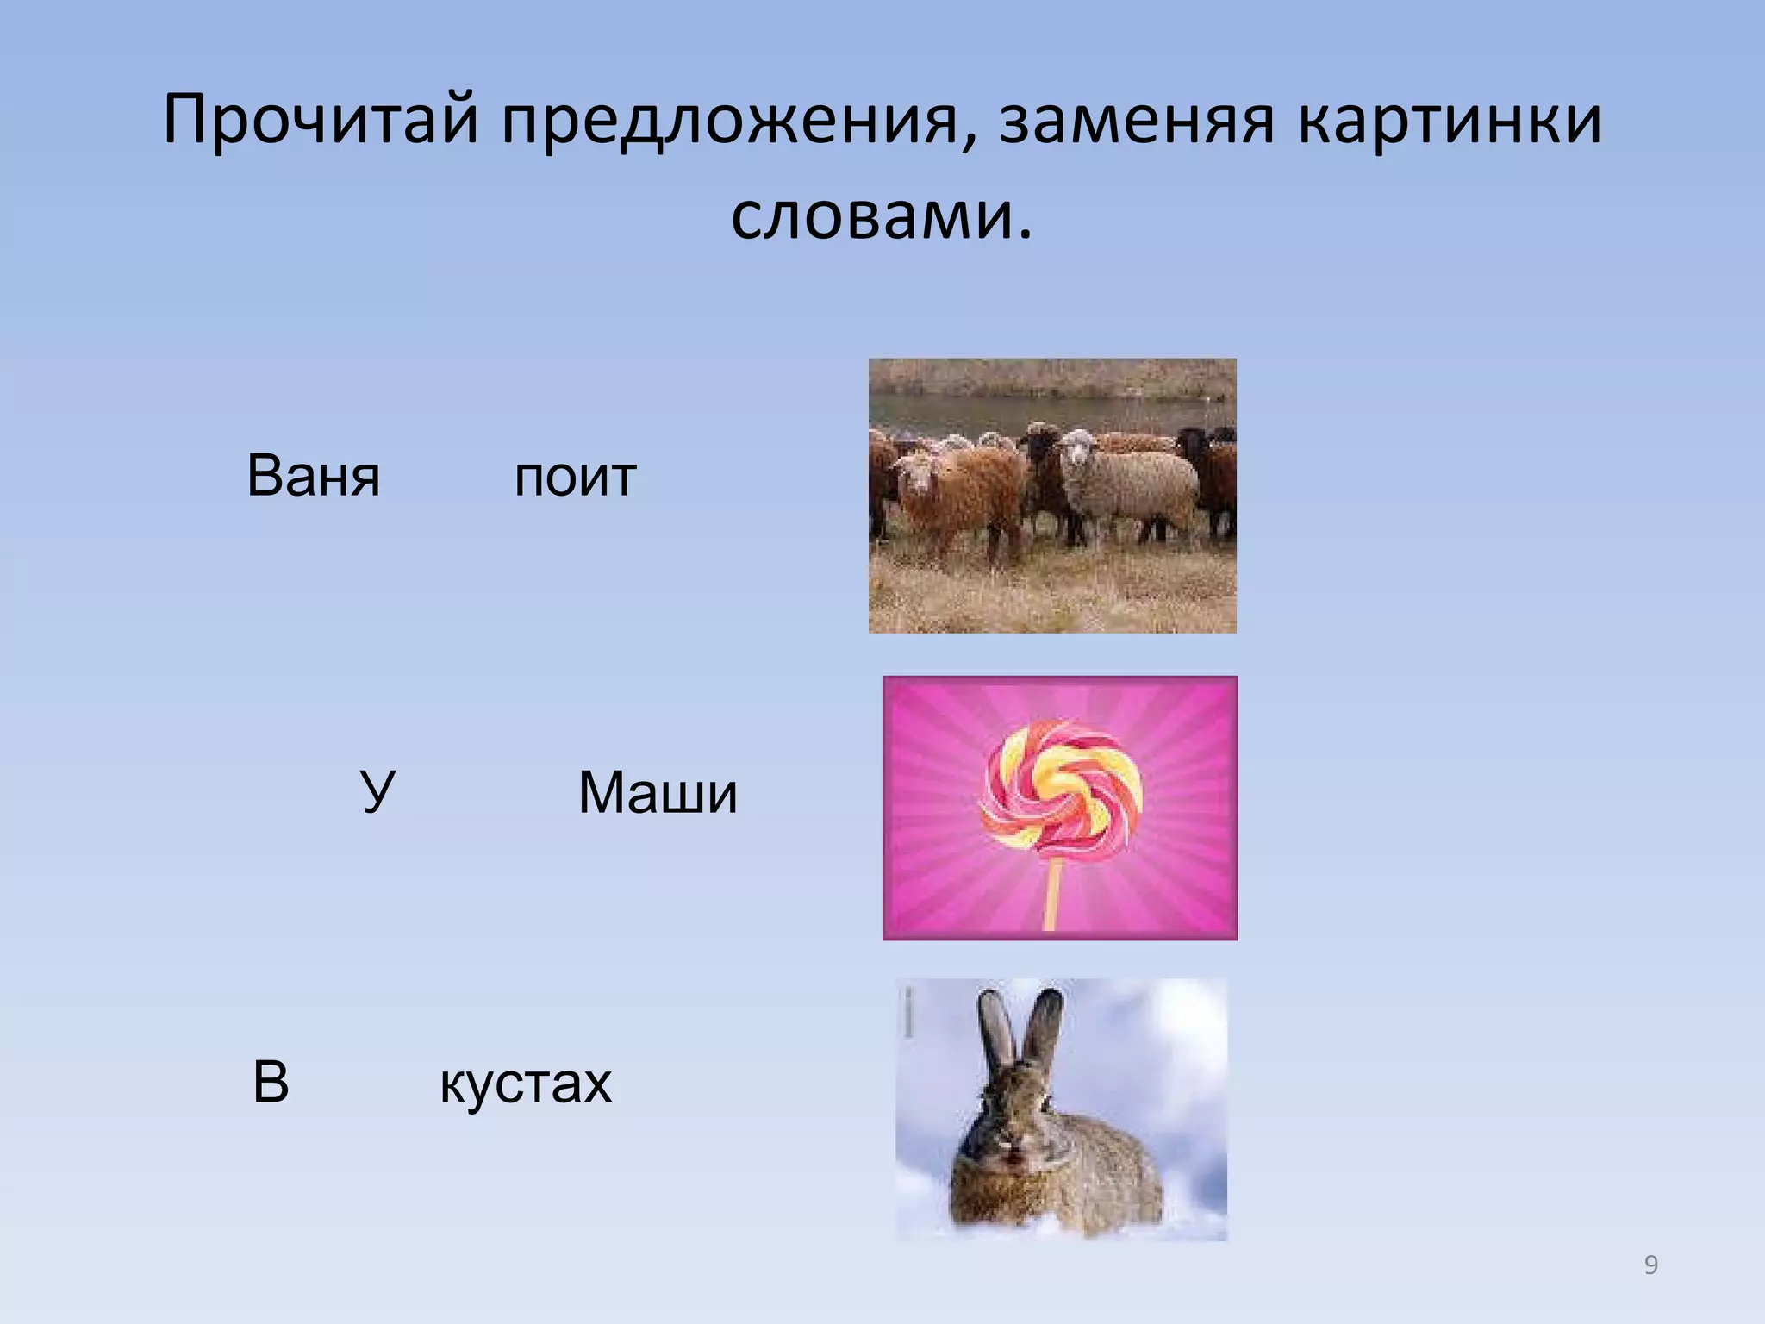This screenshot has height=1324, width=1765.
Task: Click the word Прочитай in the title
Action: click(320, 121)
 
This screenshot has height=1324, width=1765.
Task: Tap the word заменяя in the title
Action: click(1136, 121)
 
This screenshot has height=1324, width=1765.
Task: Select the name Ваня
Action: click(313, 476)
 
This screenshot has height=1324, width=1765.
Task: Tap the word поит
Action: click(575, 477)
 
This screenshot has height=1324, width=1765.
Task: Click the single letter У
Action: click(377, 791)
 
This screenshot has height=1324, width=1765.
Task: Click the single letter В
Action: click(271, 1083)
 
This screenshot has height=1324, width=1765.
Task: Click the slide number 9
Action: click(1650, 1265)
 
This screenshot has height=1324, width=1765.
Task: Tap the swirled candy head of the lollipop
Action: click(1061, 791)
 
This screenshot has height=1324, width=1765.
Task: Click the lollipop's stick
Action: click(1051, 896)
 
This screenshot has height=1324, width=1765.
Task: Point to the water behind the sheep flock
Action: click(1034, 411)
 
